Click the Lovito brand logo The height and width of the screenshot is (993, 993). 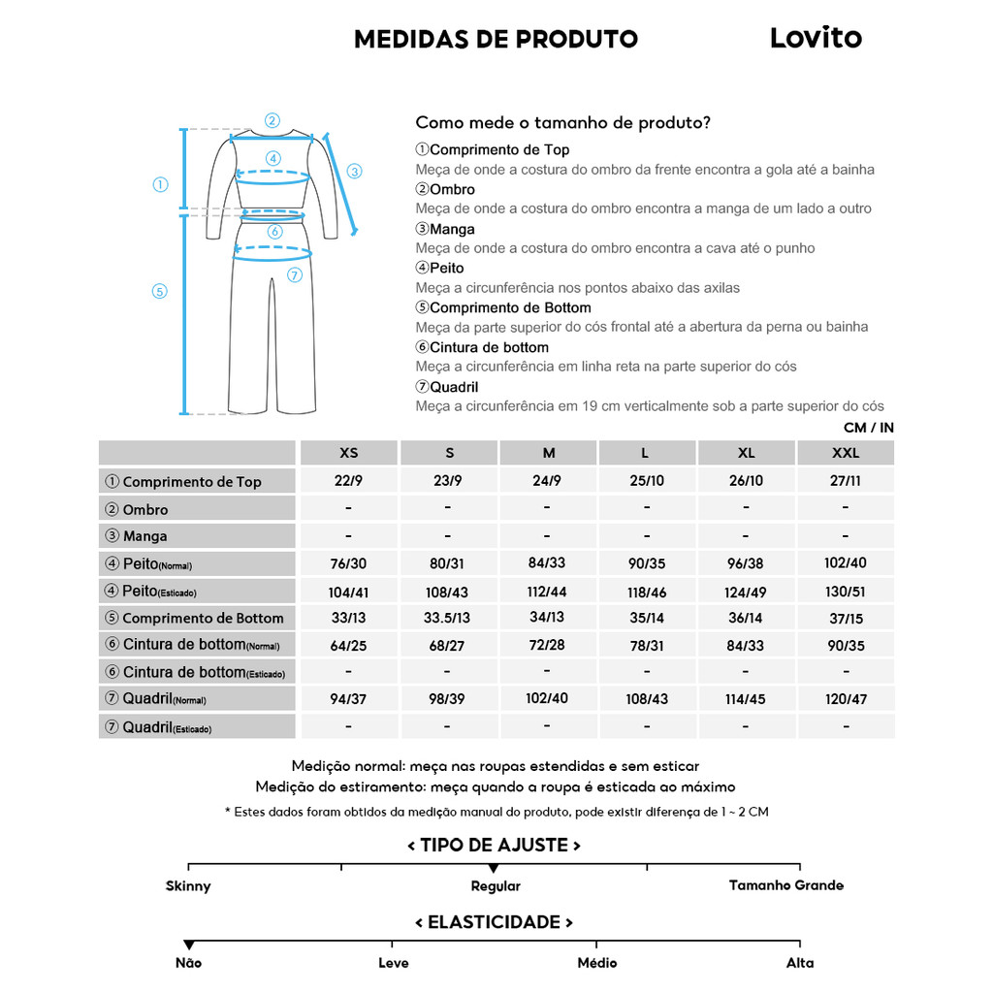[x=816, y=38]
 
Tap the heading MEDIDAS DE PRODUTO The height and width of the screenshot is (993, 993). [x=496, y=39]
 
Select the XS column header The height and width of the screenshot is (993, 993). [x=348, y=453]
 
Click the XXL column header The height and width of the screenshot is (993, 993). [x=846, y=453]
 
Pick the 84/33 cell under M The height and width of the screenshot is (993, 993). [x=547, y=563]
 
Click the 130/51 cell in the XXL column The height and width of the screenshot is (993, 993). [x=846, y=592]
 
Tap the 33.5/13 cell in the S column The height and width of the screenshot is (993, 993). [x=447, y=618]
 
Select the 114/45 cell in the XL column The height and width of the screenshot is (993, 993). [x=746, y=699]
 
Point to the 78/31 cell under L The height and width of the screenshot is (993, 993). [x=647, y=645]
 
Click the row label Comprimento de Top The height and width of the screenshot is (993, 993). [x=191, y=482]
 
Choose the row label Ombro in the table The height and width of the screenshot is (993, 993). [x=144, y=509]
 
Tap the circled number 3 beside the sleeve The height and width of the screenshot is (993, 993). [x=355, y=172]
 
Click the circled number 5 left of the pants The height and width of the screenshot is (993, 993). [x=161, y=291]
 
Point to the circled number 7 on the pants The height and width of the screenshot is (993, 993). [x=295, y=275]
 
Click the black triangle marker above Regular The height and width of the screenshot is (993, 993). [x=494, y=868]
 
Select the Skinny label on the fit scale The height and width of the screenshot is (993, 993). [x=188, y=885]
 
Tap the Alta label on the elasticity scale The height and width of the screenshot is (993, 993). [x=800, y=963]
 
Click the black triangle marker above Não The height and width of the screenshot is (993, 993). [x=189, y=945]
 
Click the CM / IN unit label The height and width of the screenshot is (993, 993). [x=868, y=428]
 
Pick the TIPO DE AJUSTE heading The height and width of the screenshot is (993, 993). [x=494, y=845]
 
